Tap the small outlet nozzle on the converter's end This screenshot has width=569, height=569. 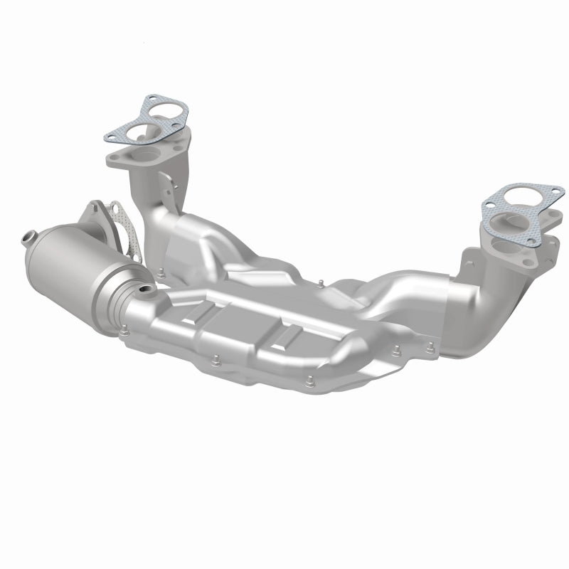[x=29, y=236]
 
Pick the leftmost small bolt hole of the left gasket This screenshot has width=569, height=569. [x=110, y=134]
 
